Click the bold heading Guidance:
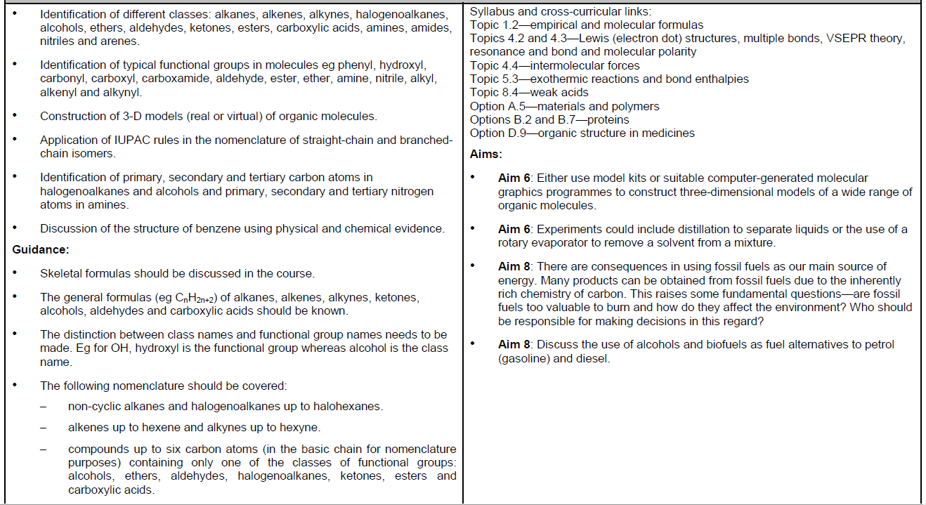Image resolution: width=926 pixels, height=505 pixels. (41, 249)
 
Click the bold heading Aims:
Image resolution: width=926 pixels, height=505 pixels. (485, 154)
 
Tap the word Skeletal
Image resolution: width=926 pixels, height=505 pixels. (61, 273)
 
